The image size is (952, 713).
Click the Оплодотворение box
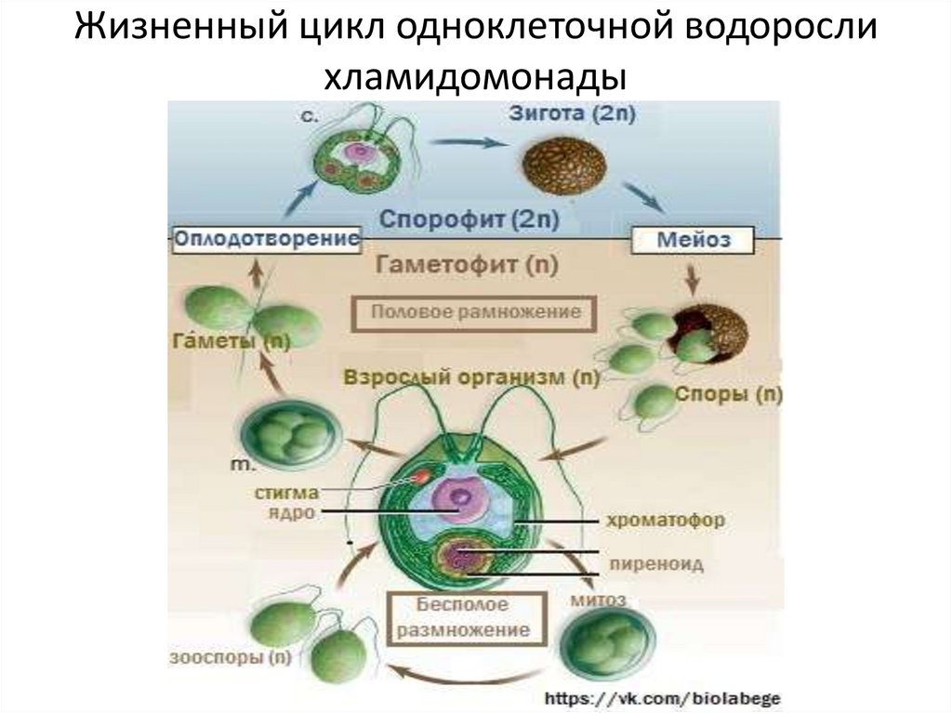click(267, 239)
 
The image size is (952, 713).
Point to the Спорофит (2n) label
click(469, 220)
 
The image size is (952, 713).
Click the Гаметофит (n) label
click(466, 265)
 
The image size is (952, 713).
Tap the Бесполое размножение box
click(461, 616)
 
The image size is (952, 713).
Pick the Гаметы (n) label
click(230, 341)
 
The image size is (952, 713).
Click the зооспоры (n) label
click(230, 658)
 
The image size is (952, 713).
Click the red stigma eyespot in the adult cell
click(420, 478)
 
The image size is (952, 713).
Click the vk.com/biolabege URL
click(662, 696)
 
